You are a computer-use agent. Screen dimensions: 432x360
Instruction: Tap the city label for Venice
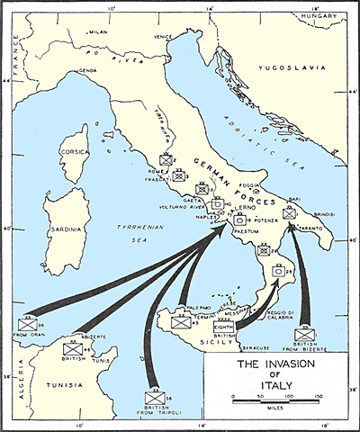(163, 37)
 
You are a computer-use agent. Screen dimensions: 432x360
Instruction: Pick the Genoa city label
(87, 69)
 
